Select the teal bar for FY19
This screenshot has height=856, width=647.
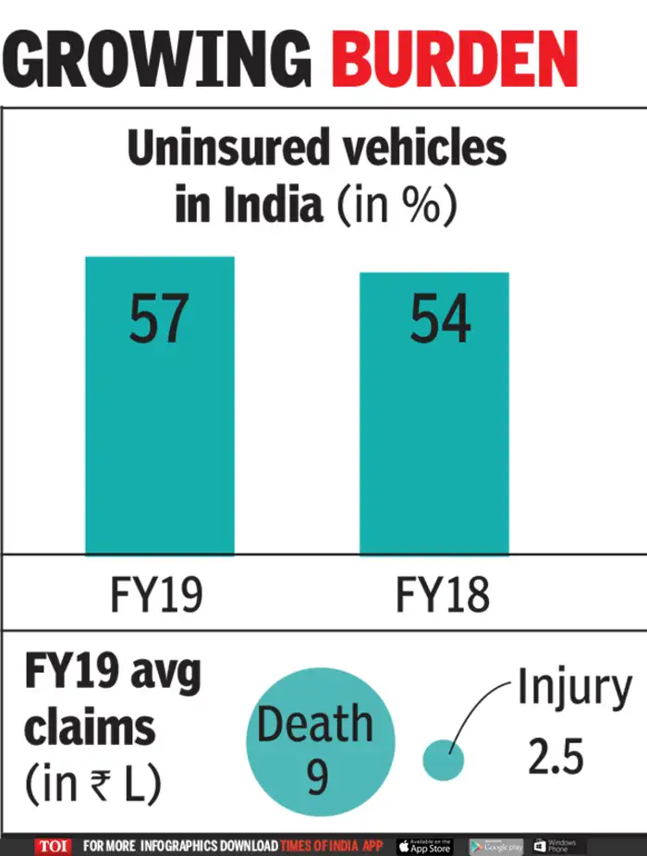159,425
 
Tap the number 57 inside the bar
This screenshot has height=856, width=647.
158,319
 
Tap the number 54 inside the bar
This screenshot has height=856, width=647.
440,319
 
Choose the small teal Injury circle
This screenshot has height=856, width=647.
443,759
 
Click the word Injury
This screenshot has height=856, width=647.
574,689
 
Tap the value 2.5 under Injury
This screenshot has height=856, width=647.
556,757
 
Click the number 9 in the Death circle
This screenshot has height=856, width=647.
317,777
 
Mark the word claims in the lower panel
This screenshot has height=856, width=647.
90,728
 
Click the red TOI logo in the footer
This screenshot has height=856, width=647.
54,846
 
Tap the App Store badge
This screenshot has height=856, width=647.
425,846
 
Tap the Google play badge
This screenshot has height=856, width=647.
495,846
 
